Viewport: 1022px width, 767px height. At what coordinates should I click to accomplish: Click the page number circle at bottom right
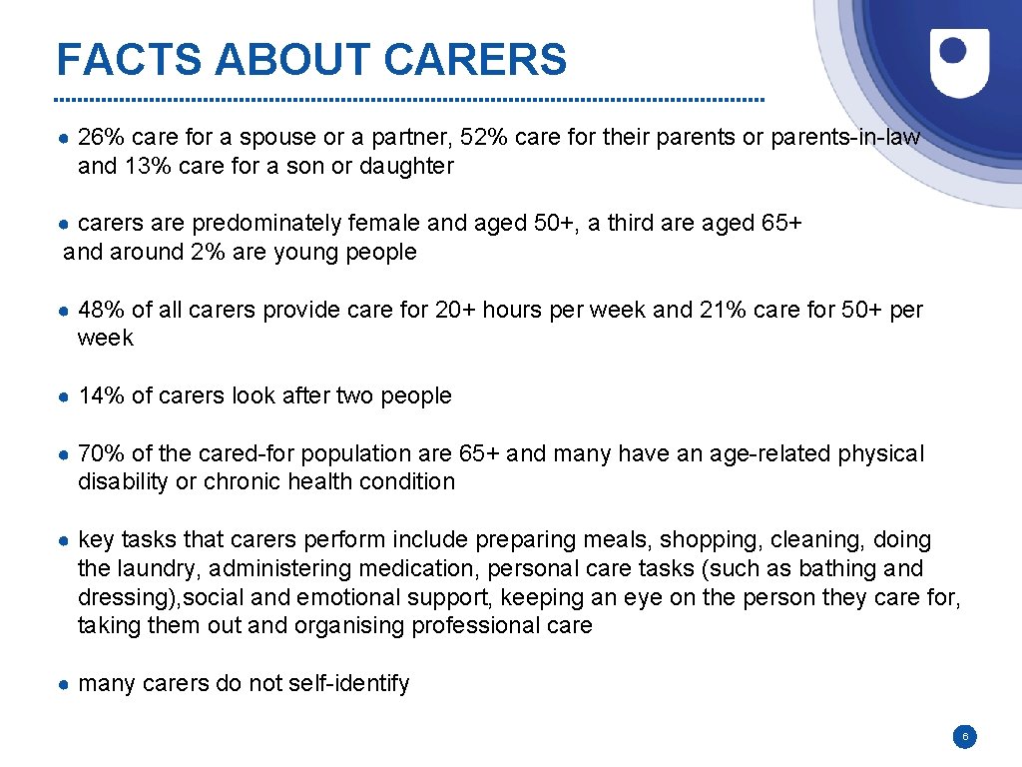point(964,738)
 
